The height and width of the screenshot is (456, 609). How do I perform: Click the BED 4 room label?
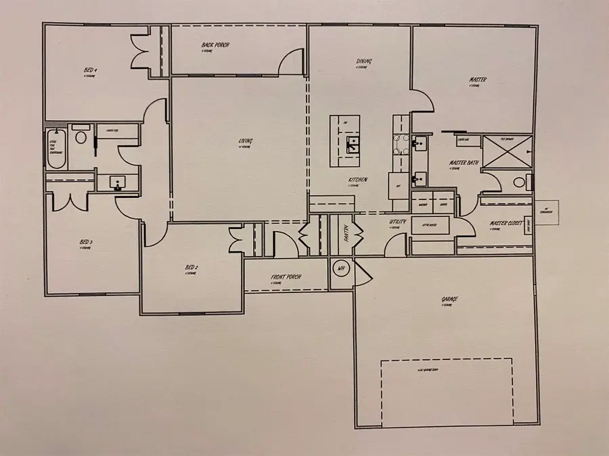pos(90,70)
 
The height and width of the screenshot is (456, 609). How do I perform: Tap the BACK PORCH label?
pos(216,45)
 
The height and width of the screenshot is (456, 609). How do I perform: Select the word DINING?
pos(364,61)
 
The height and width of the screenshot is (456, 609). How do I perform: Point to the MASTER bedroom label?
pos(478,80)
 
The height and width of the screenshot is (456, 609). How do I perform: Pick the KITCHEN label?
pos(358,180)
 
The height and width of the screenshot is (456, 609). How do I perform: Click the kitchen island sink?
pos(353,144)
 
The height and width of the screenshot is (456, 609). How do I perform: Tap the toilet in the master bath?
pos(520,182)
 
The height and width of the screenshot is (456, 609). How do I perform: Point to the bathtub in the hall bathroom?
pos(55,149)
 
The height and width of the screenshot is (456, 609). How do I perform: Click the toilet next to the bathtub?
pos(81,138)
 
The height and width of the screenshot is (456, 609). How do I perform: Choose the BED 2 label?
pos(191,268)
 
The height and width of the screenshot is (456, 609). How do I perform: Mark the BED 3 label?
pos(85,242)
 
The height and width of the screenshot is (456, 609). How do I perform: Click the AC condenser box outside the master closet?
pos(546,211)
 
